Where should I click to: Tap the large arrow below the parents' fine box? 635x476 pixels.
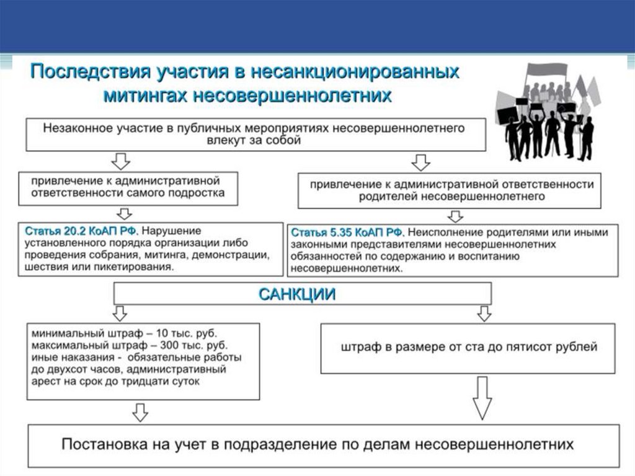tap(482, 397)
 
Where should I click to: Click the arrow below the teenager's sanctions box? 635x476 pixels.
tap(141, 411)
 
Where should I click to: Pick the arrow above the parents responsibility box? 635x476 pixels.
tap(421, 163)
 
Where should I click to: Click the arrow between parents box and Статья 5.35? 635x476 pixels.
tap(456, 216)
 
